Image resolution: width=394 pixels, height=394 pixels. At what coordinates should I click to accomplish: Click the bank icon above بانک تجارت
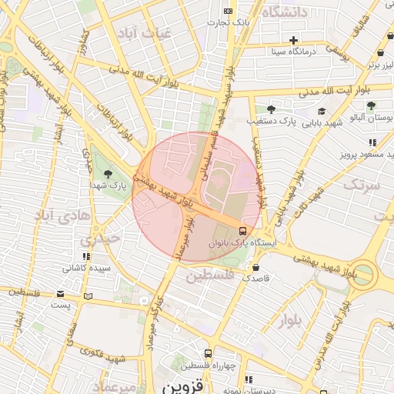[x=228, y=11]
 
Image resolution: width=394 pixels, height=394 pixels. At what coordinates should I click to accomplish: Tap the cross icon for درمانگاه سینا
[x=293, y=39]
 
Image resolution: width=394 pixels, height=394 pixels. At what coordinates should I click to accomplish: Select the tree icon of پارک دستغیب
[x=270, y=109]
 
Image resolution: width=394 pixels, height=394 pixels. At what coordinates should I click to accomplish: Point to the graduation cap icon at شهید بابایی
[x=321, y=110]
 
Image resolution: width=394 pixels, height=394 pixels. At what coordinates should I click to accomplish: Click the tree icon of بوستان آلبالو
[x=372, y=105]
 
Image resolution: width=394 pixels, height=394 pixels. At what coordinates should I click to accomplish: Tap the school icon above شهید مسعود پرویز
[x=373, y=142]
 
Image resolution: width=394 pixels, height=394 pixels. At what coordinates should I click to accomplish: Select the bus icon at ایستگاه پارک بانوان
[x=243, y=230]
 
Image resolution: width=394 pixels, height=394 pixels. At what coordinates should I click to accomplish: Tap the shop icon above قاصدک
[x=255, y=267]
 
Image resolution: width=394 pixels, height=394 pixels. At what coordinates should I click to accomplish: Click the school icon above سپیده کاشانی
[x=86, y=255]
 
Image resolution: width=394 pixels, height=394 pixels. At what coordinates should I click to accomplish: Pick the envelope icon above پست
[x=61, y=294]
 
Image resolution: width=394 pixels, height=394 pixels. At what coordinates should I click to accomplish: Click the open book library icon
[x=87, y=296]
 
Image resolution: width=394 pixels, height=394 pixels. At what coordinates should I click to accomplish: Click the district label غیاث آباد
[x=140, y=33]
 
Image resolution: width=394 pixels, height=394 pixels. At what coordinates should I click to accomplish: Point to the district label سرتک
[x=362, y=184]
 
